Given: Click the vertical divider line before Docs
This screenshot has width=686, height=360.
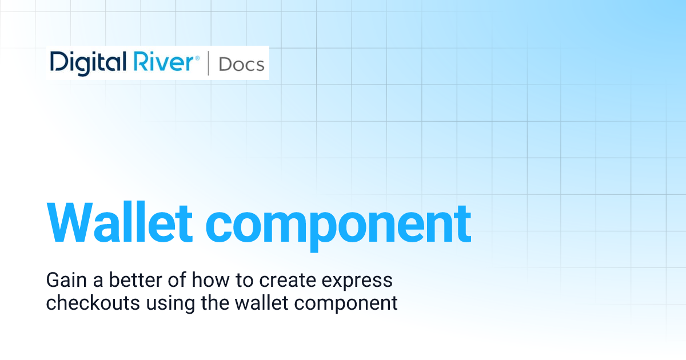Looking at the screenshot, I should coord(207,63).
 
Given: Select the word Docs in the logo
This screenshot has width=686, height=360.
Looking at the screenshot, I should coord(241,64).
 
